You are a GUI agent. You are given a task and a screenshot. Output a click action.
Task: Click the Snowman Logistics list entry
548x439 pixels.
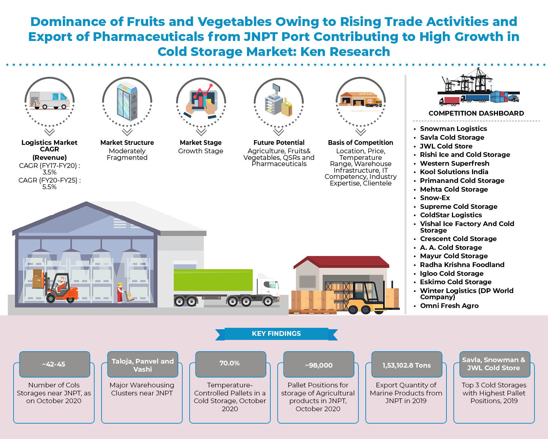(x=453, y=129)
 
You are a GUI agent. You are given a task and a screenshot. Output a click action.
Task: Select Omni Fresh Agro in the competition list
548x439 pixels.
(x=449, y=306)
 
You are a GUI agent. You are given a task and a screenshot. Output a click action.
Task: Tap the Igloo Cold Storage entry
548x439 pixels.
(x=452, y=274)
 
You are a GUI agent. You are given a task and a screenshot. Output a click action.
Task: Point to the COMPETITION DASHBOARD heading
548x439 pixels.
(x=476, y=113)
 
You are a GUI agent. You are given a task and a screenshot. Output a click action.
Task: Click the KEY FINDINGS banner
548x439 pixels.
(x=276, y=334)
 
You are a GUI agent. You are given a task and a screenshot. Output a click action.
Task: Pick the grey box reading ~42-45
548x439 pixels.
(x=54, y=364)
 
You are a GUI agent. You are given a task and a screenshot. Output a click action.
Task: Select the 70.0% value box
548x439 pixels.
(x=230, y=364)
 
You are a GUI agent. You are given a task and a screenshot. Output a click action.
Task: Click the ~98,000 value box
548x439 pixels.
(x=319, y=365)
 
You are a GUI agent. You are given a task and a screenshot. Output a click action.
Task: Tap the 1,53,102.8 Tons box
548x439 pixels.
(x=407, y=365)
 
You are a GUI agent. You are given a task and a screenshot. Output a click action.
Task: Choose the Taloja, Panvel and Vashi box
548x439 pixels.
(x=142, y=365)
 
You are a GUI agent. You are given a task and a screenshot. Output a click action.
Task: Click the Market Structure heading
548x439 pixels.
(x=127, y=143)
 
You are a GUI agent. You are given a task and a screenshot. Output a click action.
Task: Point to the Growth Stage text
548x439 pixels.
(x=201, y=151)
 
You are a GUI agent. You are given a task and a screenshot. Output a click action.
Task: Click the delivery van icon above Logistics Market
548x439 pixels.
(x=49, y=100)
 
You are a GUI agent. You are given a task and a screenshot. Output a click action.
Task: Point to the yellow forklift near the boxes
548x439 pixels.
(x=365, y=298)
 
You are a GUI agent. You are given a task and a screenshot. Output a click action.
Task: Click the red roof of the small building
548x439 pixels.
(x=342, y=262)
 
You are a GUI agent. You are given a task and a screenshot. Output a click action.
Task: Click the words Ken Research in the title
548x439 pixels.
(x=345, y=52)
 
